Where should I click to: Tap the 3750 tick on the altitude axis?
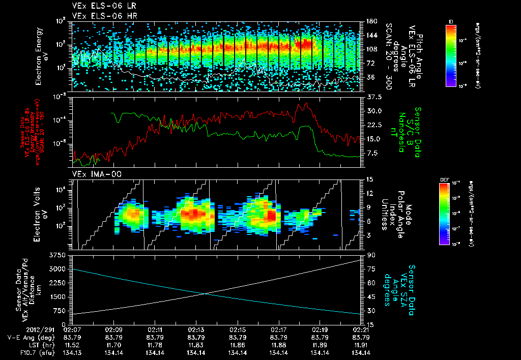pyautogui.click(x=59, y=254)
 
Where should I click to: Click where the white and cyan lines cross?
pyautogui.click(x=205, y=293)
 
